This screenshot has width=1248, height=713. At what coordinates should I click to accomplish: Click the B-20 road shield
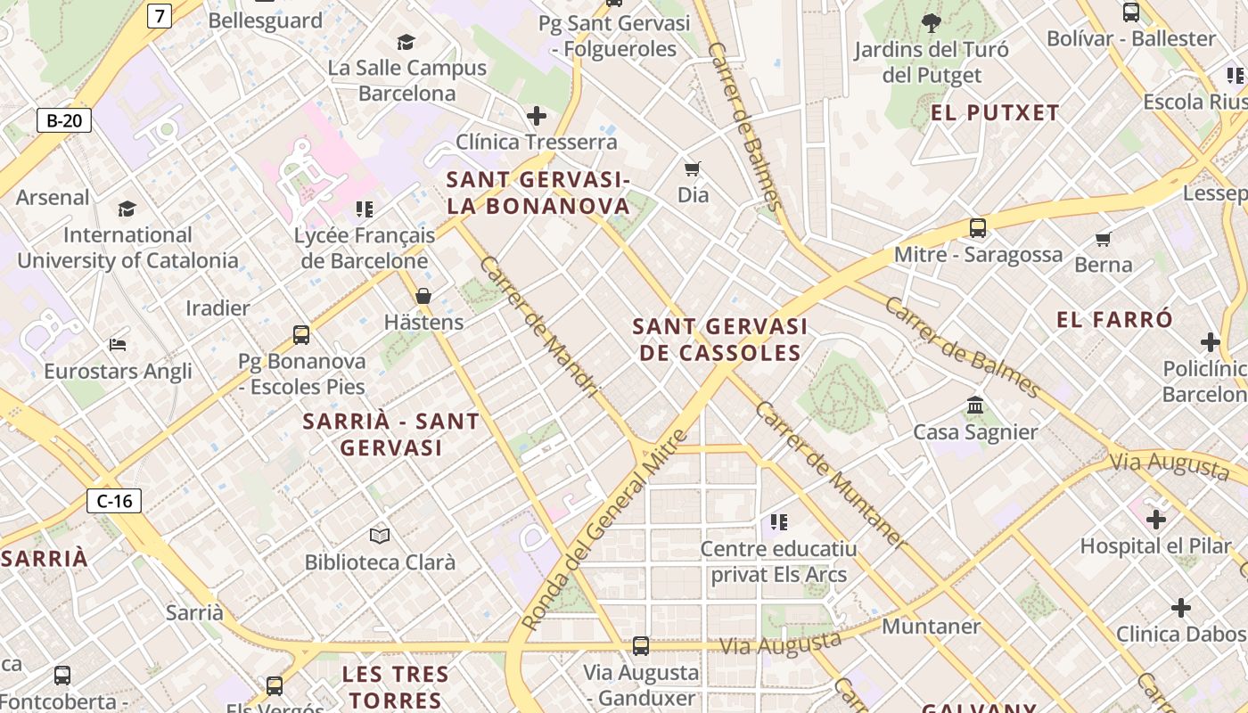coord(64,120)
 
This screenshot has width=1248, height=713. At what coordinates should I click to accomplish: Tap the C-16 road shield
coord(114,501)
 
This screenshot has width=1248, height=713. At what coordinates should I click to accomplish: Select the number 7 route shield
coord(160,15)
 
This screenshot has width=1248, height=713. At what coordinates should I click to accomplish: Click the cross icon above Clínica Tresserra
coord(537,116)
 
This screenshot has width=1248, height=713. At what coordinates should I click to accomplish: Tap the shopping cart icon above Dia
coord(693,168)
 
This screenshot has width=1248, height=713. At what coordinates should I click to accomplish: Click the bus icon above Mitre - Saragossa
coord(978,228)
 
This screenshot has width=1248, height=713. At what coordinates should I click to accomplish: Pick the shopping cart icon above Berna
coord(1104,239)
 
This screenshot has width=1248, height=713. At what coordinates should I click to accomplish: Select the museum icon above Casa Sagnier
coord(975,406)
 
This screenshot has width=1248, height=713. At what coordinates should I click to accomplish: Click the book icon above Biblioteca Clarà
coord(380,536)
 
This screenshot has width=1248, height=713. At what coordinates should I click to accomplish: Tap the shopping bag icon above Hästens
coord(423,296)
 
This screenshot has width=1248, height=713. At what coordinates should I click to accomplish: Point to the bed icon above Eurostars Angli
coord(118,345)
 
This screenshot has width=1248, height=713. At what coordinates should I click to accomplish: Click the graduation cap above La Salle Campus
coord(406,42)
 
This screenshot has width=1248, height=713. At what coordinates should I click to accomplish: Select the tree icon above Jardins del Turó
coord(932,22)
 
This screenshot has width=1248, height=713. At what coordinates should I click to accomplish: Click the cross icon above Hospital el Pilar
coord(1156,519)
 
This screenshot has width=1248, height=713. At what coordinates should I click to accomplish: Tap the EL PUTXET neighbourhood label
coord(995,113)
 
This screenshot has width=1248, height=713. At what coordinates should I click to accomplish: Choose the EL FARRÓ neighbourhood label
coord(1114,320)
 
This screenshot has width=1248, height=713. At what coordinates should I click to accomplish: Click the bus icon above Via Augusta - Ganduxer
coord(640,646)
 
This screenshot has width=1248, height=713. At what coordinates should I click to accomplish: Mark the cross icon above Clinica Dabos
coord(1181,608)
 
